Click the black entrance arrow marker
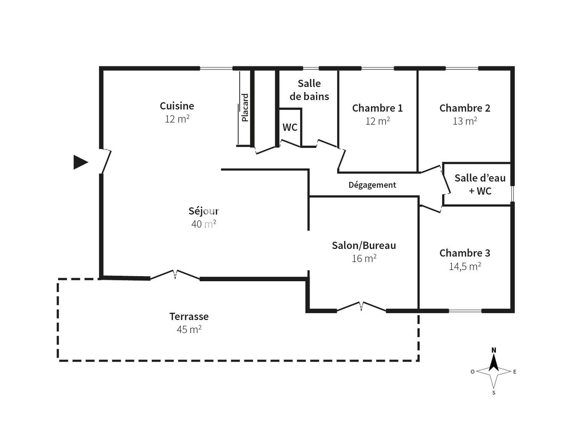point(80,162)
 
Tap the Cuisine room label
point(177,106)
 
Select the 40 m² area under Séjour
point(203,224)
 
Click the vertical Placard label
point(245,108)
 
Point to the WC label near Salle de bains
point(290,127)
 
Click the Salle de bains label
point(309,90)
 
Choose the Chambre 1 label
point(377,108)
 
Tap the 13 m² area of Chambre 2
point(465,121)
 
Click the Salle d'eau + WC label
point(480,184)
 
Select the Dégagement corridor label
point(372,185)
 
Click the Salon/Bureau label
point(364,245)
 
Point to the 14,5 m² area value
point(465,266)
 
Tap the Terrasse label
point(189,316)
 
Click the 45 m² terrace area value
point(189,329)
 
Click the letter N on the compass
point(494,350)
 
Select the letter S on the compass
point(494,393)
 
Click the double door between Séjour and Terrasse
point(175,275)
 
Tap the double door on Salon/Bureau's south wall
point(361,306)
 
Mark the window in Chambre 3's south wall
point(465,311)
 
